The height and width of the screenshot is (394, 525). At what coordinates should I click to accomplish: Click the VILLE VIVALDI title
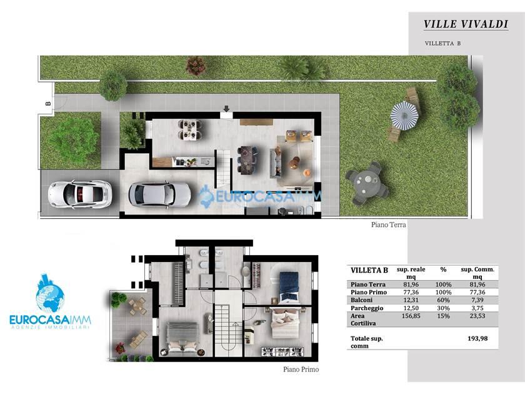466,24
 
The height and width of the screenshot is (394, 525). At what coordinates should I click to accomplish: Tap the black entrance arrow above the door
226,109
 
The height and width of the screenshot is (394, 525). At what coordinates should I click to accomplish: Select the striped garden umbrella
404,116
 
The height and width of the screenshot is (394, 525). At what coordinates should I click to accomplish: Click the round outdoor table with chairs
367,183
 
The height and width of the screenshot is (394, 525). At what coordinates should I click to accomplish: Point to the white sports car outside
79,194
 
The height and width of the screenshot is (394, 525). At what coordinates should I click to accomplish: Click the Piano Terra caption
388,225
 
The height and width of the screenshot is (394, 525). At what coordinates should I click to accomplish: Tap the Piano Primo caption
301,370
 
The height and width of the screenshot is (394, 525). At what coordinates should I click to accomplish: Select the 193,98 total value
477,338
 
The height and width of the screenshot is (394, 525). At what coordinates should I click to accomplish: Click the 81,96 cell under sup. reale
411,285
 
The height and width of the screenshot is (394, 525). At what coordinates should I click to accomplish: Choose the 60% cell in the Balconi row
443,300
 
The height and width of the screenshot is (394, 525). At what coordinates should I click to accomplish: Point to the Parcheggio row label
367,308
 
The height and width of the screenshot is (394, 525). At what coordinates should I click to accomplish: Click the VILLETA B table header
369,270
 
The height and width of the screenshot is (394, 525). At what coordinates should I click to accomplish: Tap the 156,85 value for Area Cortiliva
411,316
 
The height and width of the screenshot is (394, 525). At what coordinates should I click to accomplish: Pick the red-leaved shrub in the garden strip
196,66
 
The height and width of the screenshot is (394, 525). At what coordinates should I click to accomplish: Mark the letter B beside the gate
48,104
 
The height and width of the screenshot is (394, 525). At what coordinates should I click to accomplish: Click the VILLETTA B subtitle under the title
442,43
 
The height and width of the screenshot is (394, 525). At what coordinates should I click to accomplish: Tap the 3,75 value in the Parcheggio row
477,308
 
